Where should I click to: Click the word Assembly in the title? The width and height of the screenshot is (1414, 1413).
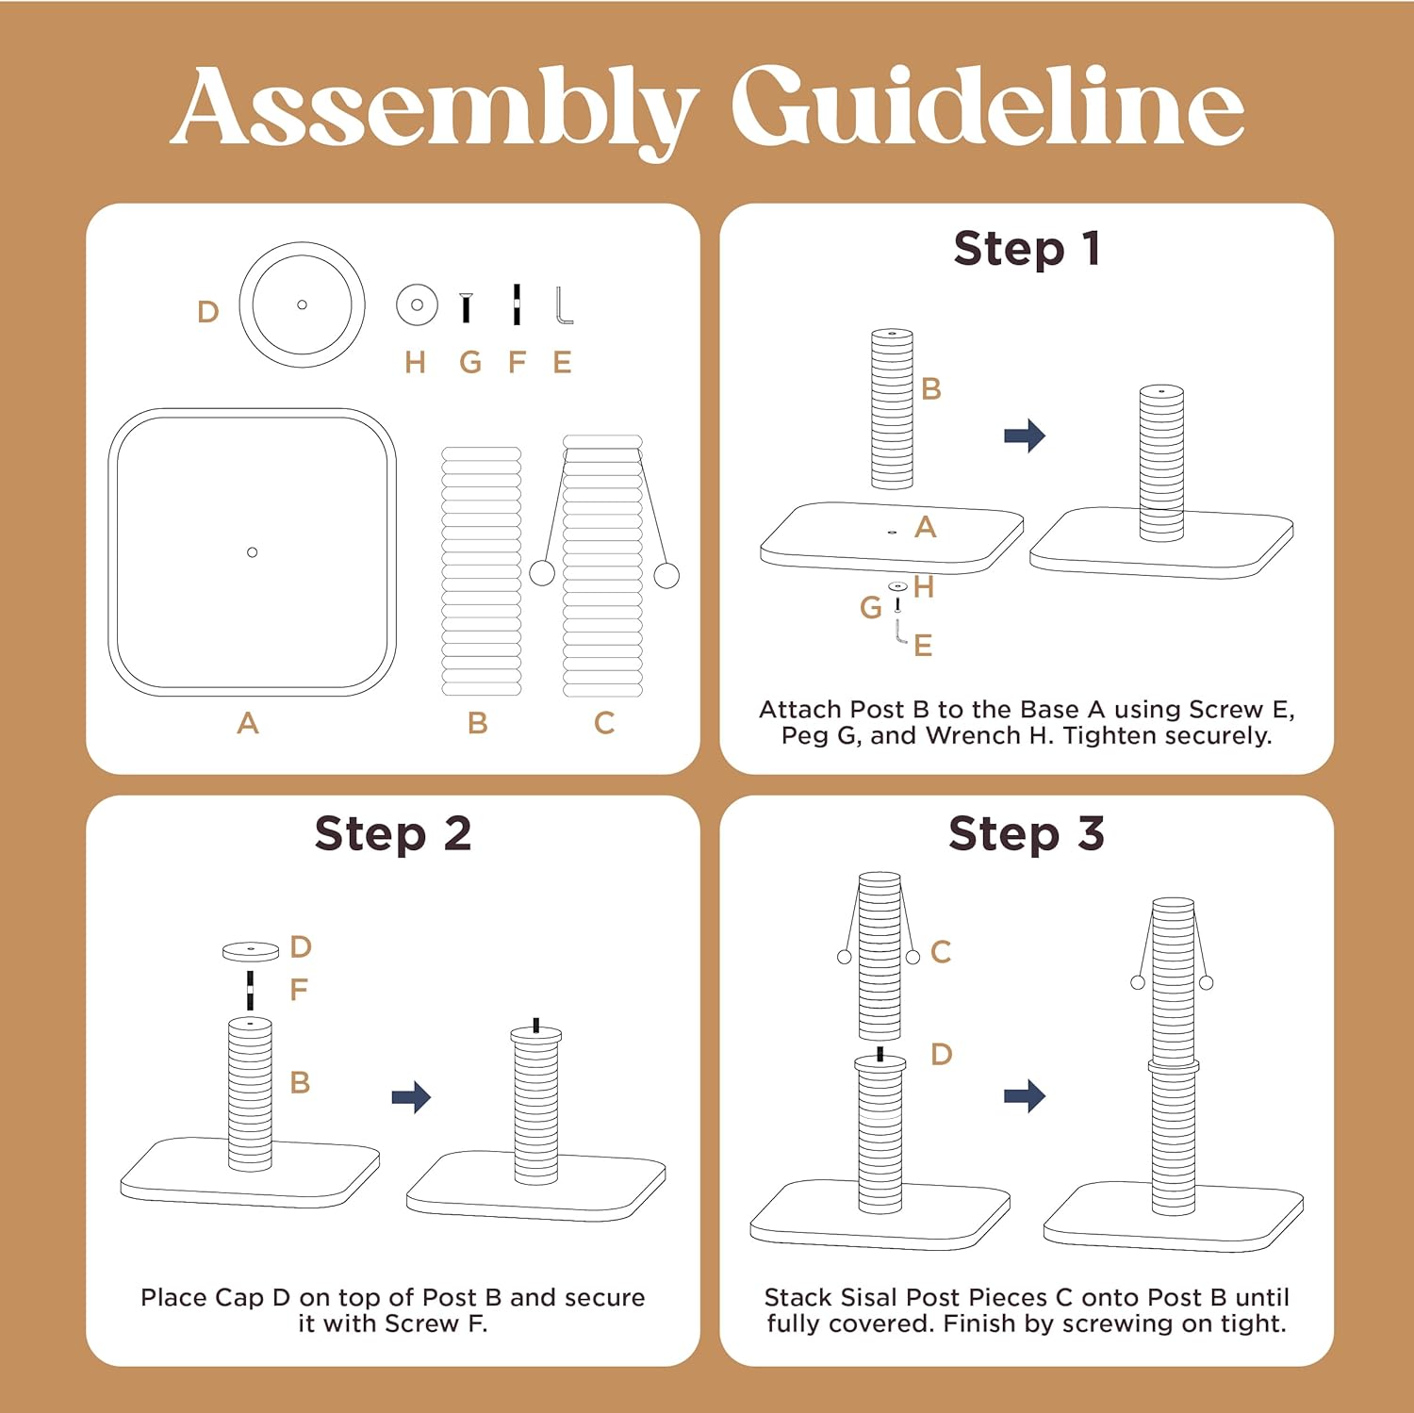[434, 108]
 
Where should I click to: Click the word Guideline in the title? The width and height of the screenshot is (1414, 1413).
[988, 105]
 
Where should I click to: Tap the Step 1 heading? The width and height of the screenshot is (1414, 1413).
[1027, 249]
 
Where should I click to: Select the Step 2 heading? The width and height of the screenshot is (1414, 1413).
[393, 834]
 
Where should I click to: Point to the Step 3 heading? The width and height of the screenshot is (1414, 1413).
[1027, 834]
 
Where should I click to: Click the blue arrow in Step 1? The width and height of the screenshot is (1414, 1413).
[1025, 435]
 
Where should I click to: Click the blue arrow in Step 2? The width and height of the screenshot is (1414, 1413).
[411, 1096]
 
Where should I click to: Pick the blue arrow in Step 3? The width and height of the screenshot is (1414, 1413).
[1025, 1095]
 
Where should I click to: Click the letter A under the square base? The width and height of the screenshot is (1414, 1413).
[248, 723]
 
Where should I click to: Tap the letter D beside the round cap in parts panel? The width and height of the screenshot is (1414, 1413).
[208, 312]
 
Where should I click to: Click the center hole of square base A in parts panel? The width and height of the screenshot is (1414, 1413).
[252, 552]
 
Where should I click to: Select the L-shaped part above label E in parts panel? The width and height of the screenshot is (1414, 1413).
[563, 305]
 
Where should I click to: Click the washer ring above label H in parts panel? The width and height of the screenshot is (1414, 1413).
[417, 305]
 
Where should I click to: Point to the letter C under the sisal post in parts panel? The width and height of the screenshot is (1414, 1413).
[604, 723]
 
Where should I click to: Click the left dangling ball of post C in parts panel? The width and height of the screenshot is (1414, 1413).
[542, 572]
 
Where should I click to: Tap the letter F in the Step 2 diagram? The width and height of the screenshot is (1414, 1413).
[299, 990]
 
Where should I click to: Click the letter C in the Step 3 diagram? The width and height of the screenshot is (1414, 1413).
[941, 952]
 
